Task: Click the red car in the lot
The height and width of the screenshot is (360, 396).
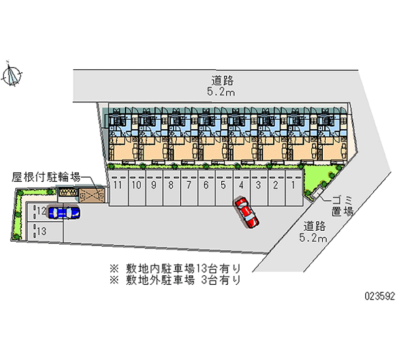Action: pos(247,212)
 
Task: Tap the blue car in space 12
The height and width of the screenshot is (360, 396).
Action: pos(64,212)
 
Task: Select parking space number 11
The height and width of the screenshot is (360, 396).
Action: pos(118,188)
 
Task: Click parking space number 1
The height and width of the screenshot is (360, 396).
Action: pos(294,188)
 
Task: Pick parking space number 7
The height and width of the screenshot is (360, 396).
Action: pos(189,188)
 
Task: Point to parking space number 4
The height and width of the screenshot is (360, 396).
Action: pos(242,188)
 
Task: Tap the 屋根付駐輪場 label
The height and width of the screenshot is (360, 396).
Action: pos(46,177)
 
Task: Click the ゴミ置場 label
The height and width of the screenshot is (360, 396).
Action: pos(343,206)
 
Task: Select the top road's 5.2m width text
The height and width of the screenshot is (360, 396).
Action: pos(221,92)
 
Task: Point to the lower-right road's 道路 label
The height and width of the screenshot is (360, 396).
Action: pos(314,226)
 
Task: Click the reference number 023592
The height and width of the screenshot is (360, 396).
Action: pos(380,296)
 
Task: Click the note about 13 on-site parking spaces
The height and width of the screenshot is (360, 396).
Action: pos(175,268)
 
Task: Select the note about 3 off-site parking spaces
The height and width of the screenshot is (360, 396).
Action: pos(175,280)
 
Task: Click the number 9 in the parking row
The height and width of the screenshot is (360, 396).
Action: pos(153,185)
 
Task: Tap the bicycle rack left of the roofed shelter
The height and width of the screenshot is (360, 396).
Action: pos(68,192)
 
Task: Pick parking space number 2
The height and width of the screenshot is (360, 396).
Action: pos(276,188)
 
